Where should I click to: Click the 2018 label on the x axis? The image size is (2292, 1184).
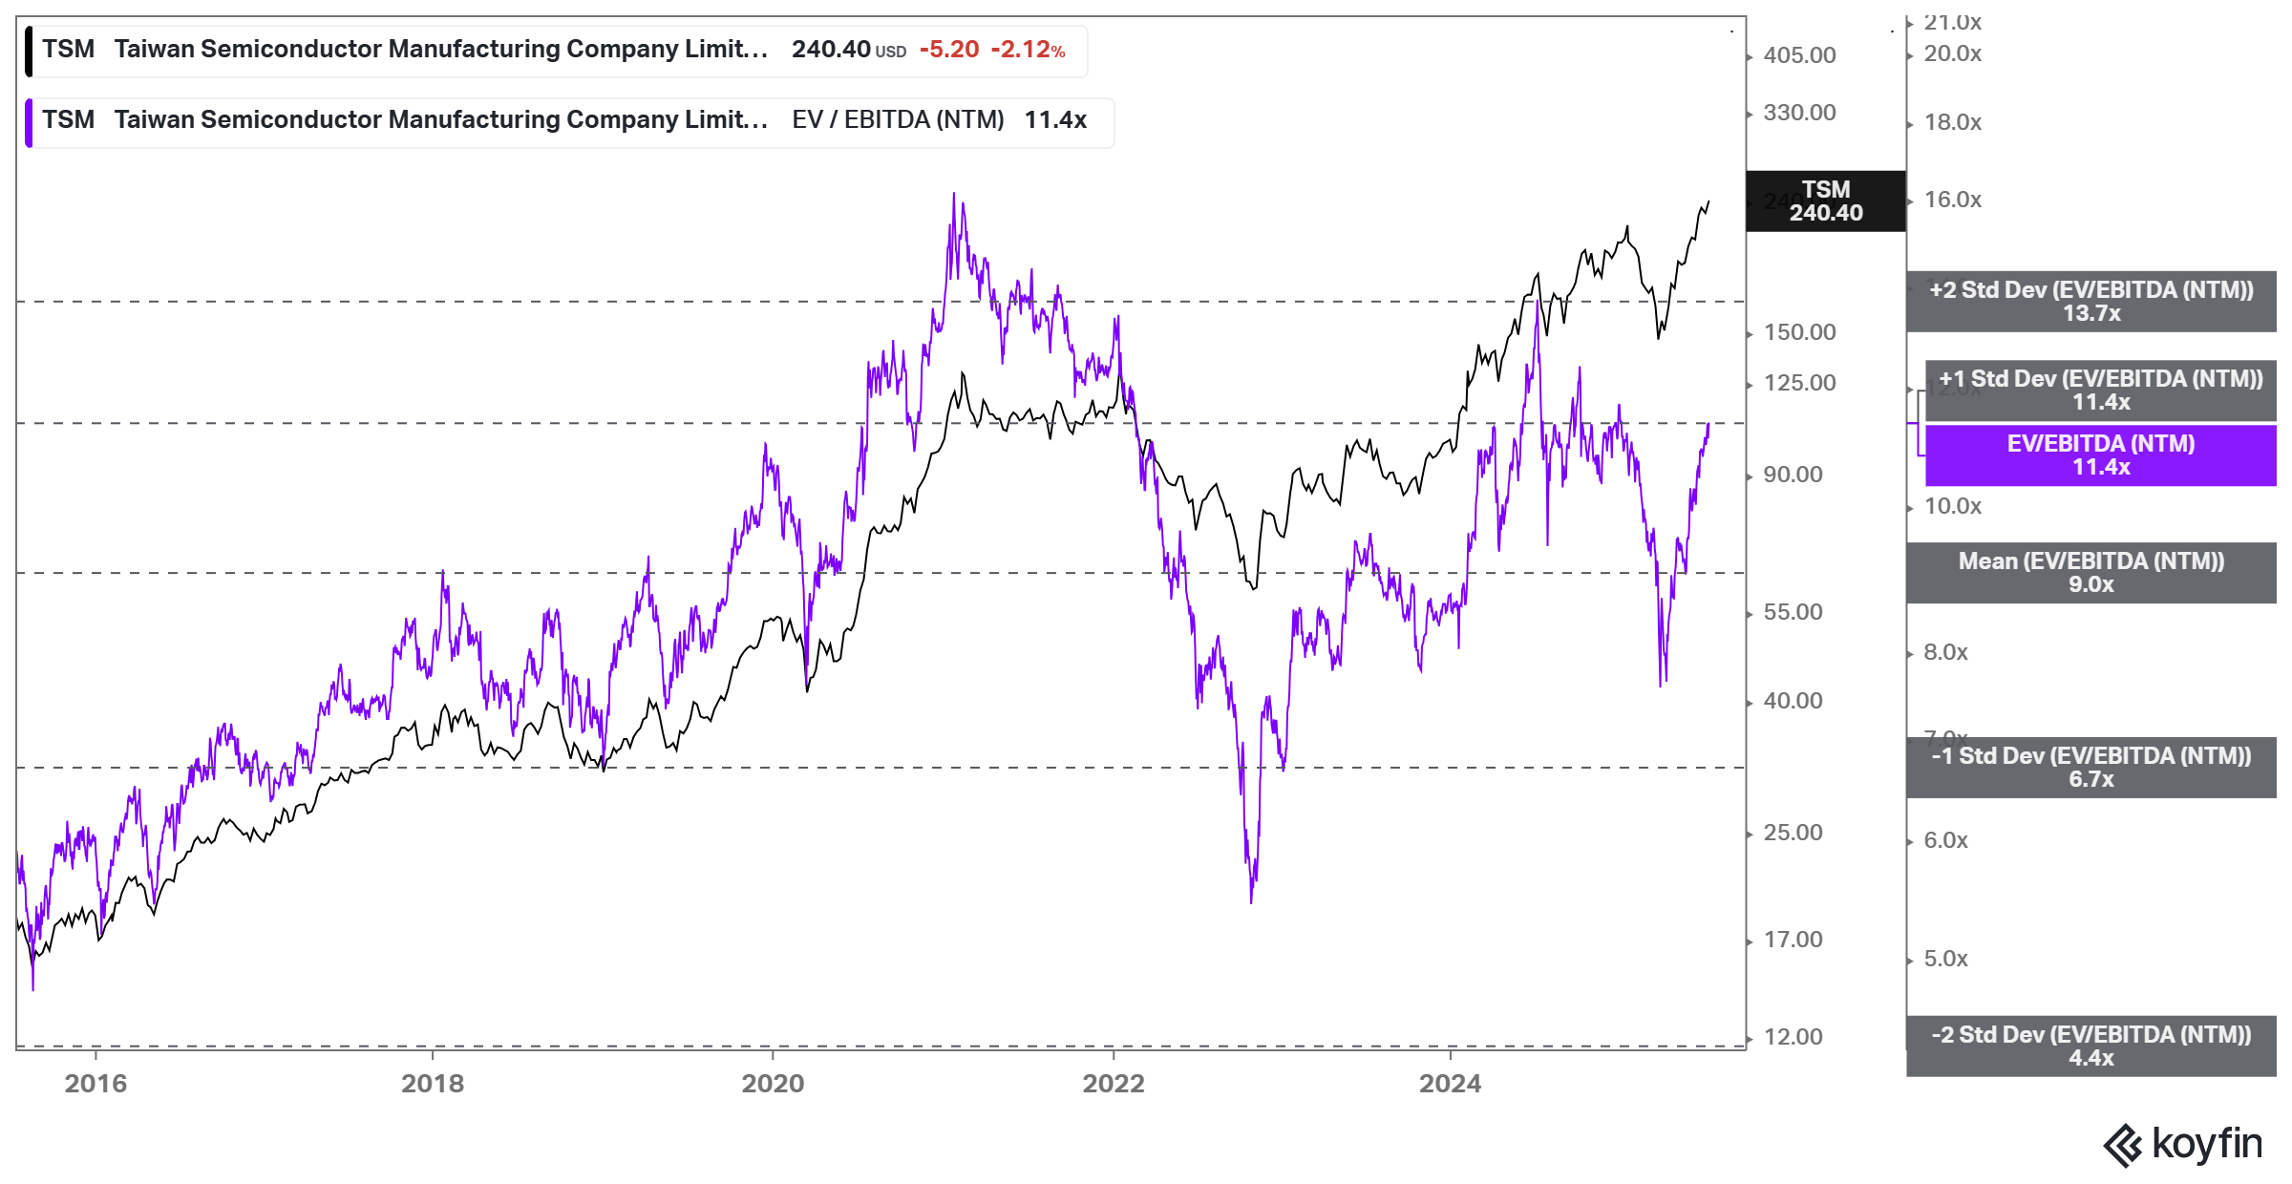433,1083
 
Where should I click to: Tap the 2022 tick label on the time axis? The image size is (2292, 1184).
1113,1083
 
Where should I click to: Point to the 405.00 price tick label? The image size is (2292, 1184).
1799,55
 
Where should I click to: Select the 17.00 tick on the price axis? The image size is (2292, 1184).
1793,940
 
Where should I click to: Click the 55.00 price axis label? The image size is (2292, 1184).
1793,612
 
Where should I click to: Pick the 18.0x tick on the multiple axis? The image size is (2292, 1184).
1952,122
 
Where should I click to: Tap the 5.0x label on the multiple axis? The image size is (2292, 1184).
1945,959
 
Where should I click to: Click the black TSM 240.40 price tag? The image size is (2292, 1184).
1825,201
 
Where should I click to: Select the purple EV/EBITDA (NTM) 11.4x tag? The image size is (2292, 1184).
2100,455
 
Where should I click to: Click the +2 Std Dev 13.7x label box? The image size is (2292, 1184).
2090,302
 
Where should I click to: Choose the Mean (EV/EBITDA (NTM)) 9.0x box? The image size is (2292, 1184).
2090,573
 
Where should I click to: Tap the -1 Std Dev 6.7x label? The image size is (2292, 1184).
2090,768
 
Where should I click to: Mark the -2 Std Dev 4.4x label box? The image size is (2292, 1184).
2090,1047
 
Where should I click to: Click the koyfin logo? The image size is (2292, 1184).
2182,1144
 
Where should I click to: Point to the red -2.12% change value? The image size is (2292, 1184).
1028,50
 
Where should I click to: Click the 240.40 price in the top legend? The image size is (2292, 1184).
831,50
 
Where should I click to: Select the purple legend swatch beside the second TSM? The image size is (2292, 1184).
30,122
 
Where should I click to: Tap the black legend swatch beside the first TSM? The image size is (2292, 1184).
30,52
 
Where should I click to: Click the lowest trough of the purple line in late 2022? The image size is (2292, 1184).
1251,900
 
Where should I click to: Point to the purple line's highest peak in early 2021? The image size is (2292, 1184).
953,195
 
